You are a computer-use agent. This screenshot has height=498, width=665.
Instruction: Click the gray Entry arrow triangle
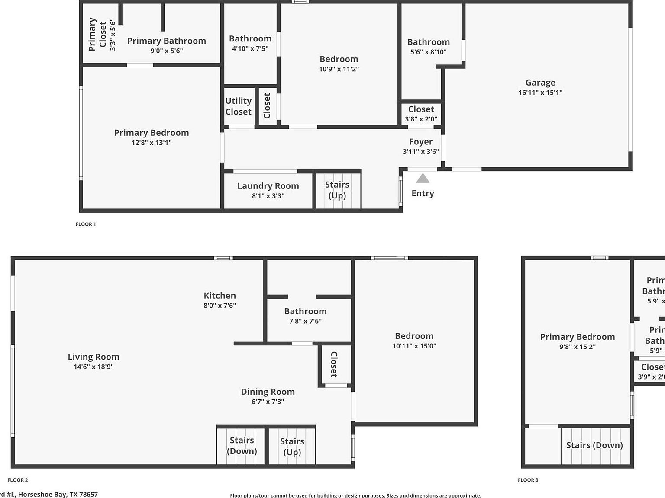pos(423,178)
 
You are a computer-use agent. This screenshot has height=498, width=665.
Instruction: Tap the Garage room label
pos(540,83)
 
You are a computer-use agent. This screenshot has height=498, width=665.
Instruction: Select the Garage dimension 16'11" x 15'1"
pos(540,93)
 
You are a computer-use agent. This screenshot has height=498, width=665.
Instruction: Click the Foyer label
pos(420,142)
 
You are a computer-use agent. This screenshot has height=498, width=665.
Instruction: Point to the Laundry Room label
pos(268,186)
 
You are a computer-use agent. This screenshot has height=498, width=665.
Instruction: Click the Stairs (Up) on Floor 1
pos(337,190)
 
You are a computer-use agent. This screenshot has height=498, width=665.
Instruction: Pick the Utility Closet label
pos(238,106)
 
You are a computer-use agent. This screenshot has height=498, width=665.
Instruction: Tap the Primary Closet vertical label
pos(97,34)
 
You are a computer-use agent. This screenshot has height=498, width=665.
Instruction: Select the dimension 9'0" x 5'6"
pos(166,51)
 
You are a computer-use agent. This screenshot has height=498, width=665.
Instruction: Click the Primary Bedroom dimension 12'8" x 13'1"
pos(151,143)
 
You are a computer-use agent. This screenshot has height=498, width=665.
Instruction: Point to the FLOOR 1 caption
pos(86,224)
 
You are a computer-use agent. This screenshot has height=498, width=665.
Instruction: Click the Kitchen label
pos(220,296)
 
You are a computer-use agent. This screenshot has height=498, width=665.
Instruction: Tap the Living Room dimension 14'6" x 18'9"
pos(93,367)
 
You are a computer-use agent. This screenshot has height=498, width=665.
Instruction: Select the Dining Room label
pos(268,392)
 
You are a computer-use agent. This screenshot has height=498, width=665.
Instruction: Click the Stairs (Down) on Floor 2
pos(242,446)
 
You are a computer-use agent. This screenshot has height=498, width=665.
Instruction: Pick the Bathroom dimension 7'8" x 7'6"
pos(305,321)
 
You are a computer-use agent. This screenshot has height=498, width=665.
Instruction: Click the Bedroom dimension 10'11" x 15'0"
pos(414,346)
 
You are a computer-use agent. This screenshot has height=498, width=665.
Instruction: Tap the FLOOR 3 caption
pos(528,480)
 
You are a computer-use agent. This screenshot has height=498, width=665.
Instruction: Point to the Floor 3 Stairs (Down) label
pos(594,445)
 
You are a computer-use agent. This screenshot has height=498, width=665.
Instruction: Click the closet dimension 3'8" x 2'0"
pos(421,119)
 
